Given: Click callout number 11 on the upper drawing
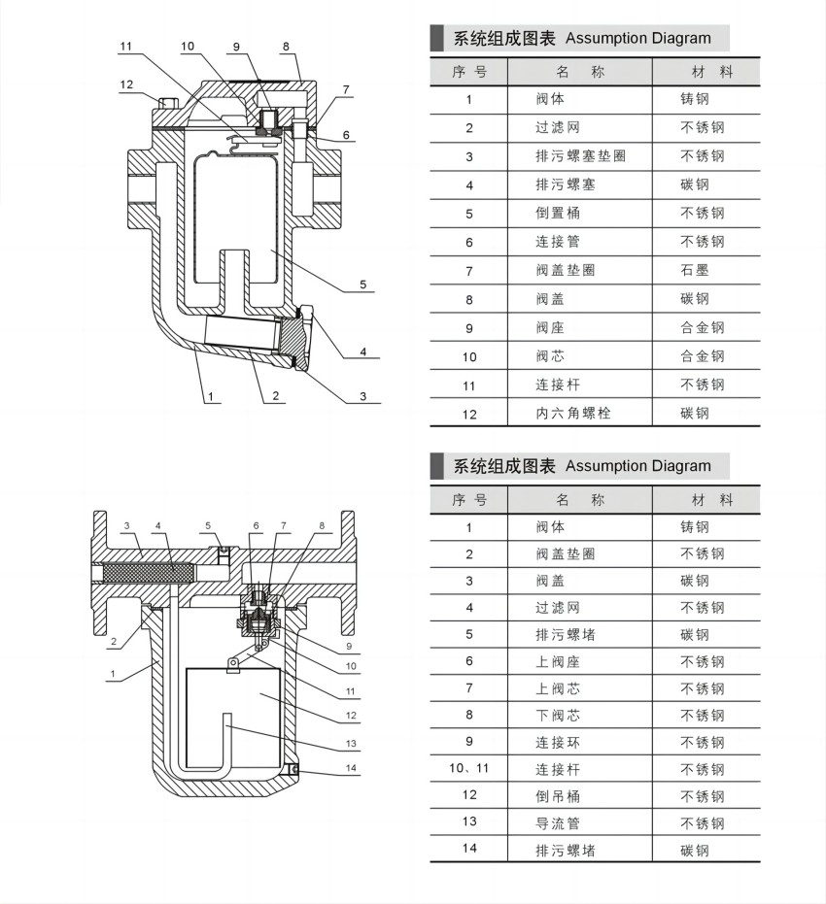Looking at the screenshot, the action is pos(125,47).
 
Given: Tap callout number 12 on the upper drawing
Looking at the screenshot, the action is pos(126,84).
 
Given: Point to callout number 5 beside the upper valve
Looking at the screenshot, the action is pos(362,285).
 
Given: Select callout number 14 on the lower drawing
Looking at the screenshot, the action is pos(351,768).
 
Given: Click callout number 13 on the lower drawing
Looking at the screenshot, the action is pos(351,743).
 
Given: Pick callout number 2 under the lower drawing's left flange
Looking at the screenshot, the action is pos(114,641).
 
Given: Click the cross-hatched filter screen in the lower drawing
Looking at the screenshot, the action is pos(149,573).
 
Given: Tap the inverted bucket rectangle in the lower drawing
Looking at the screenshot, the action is pos(233,719).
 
